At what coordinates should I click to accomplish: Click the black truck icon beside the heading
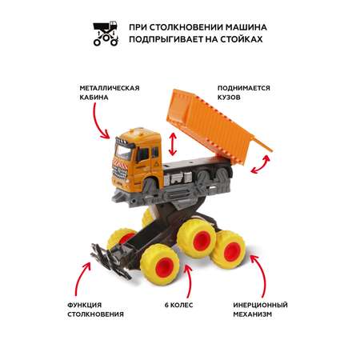point(106,34)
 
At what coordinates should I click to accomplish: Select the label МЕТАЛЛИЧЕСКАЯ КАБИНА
point(110,93)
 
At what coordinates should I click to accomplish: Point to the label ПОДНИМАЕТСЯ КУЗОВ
point(244,93)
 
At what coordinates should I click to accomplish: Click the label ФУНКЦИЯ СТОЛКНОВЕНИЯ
point(95,310)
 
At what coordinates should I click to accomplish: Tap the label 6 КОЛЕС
point(178,305)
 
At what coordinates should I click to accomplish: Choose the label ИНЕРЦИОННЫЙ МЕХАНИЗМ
point(260,310)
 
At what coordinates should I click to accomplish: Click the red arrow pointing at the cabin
point(99,121)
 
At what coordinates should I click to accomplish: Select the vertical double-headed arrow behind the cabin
point(173,144)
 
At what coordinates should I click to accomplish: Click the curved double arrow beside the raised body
point(260,166)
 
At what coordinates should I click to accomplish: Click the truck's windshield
point(123,152)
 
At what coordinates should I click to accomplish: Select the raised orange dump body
point(214,126)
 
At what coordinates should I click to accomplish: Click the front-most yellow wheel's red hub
point(164,267)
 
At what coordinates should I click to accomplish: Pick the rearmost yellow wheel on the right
point(229,250)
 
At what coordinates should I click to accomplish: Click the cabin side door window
point(142,154)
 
